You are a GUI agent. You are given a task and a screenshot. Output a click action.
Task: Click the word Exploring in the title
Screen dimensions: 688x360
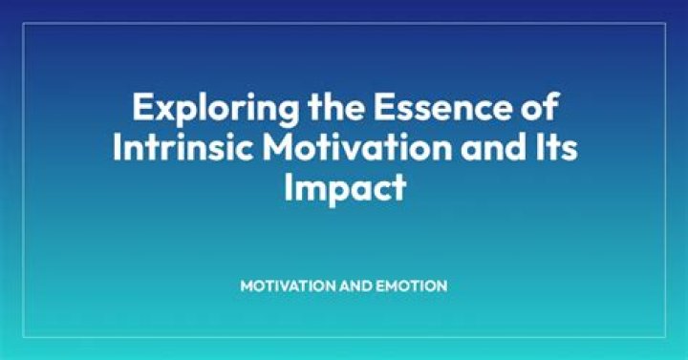coord(215,109)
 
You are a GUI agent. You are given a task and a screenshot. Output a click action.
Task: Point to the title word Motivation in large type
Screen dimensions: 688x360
coord(357,147)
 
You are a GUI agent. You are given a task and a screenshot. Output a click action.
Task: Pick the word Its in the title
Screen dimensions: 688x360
coord(558,147)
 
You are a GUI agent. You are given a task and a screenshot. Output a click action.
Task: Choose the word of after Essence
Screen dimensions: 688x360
coord(540,107)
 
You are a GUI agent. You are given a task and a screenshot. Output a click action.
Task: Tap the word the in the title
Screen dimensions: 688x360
coord(335,107)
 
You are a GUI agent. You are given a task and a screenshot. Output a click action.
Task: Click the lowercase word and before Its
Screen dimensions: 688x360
coord(495,147)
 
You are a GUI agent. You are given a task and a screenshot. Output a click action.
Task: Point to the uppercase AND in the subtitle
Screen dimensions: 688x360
coord(355,286)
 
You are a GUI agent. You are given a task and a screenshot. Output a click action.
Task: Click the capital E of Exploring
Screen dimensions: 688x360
coord(142,107)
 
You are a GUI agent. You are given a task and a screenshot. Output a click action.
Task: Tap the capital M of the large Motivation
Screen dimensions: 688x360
coord(279,147)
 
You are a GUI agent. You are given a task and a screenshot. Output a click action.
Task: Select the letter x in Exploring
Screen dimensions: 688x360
coord(163,111)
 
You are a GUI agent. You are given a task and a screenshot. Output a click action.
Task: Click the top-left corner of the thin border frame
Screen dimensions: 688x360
coord(23,23)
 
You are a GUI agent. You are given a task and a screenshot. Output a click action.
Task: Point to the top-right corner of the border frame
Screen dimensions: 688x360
coord(666,23)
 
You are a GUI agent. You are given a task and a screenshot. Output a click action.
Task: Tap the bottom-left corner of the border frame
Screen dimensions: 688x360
coord(23,337)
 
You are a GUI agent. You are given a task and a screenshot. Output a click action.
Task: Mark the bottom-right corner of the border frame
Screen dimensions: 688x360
coord(666,337)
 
